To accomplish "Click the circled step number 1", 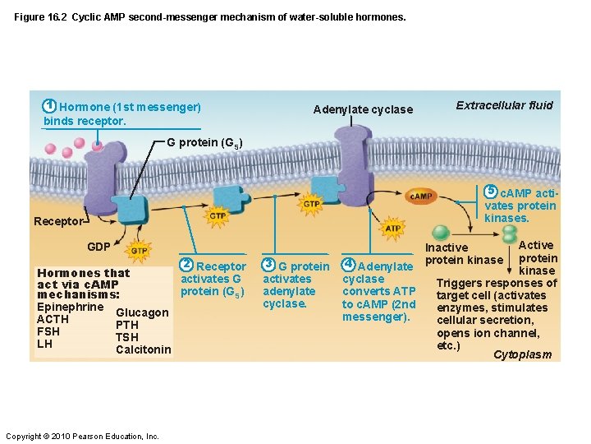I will [50, 106].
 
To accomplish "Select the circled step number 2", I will [187, 265].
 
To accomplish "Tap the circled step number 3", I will [268, 265].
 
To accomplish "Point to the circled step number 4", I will [348, 265].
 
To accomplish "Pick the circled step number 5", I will [491, 192].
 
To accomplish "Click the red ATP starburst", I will [393, 228].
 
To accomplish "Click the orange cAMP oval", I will [421, 197].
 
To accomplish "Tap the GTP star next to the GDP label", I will [140, 251].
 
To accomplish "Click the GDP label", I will [99, 247].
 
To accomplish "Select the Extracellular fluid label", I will [504, 105].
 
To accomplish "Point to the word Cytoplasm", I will [522, 355].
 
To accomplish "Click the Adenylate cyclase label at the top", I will [363, 109].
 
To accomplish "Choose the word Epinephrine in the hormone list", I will [71, 308].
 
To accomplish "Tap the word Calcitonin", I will [144, 349].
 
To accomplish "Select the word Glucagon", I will [142, 312].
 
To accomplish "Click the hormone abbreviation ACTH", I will [53, 320].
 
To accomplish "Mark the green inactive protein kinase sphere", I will [442, 233].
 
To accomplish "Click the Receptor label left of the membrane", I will [57, 221].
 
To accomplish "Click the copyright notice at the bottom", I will [82, 436].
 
